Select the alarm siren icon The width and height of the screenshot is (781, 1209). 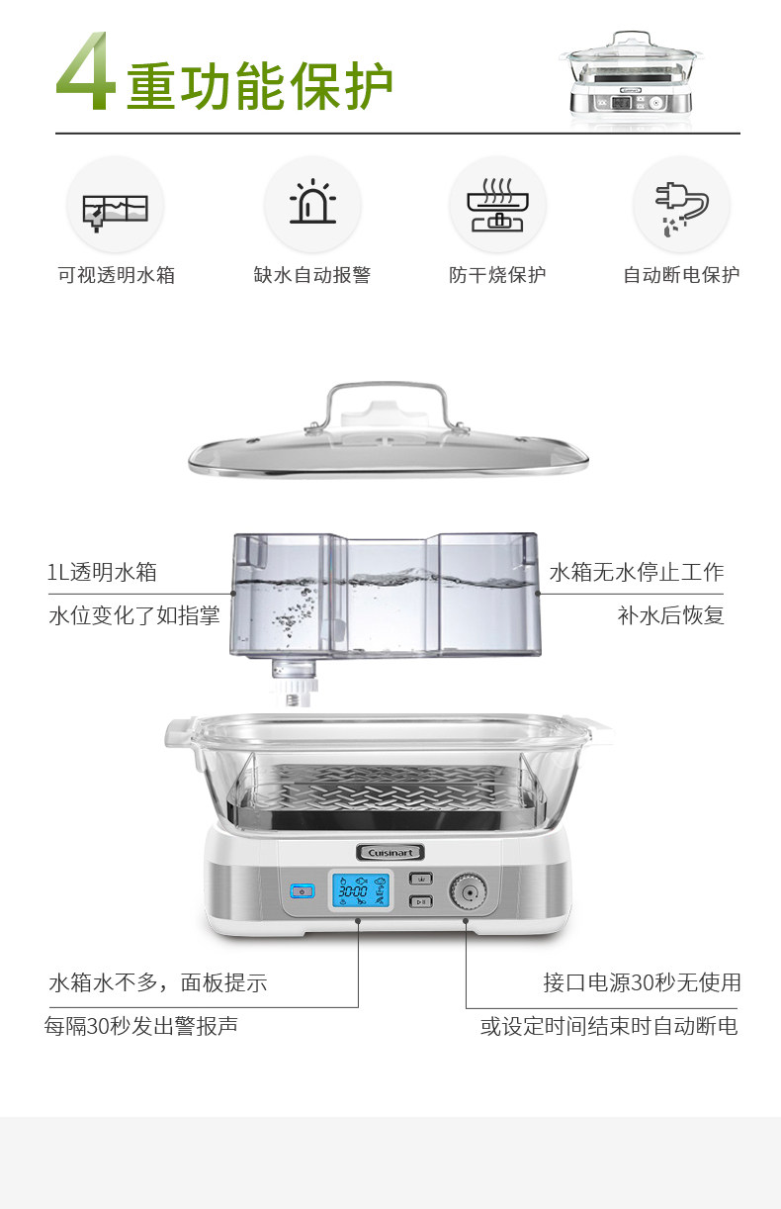312,204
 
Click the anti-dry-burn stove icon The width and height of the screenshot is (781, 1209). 497,205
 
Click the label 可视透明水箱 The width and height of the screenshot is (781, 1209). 116,275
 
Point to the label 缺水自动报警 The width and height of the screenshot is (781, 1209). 312,275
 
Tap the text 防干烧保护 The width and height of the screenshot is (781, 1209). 497,275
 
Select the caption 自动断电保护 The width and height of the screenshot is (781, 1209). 681,275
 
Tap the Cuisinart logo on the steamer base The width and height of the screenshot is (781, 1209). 390,851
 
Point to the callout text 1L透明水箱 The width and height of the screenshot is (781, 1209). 102,572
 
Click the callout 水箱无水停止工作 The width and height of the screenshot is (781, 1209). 637,572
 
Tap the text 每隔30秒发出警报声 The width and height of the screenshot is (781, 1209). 141,1026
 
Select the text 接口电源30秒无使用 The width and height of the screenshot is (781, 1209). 642,982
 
